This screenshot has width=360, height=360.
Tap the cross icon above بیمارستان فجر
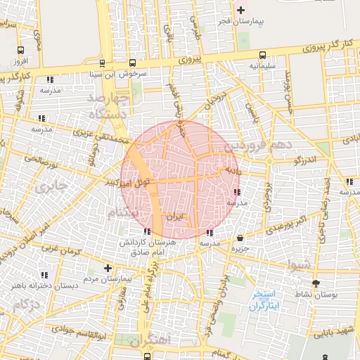[242, 10]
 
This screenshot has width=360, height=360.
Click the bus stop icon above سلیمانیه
[262, 54]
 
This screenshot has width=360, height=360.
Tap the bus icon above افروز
[20, 50]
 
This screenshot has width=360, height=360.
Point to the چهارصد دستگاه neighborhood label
[111, 103]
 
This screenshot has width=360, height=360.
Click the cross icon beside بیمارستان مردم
[108, 268]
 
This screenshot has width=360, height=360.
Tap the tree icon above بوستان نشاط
[316, 283]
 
